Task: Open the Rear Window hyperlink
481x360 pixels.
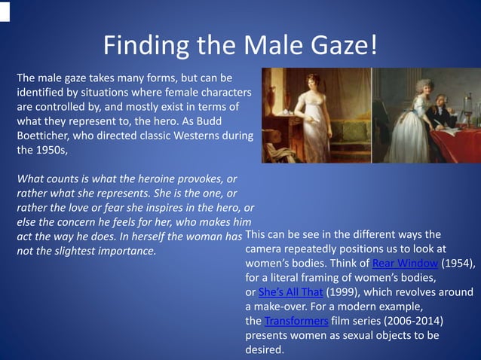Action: [405, 263]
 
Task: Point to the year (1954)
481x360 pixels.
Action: [458, 263]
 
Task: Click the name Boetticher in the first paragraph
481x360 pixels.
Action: [45, 135]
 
